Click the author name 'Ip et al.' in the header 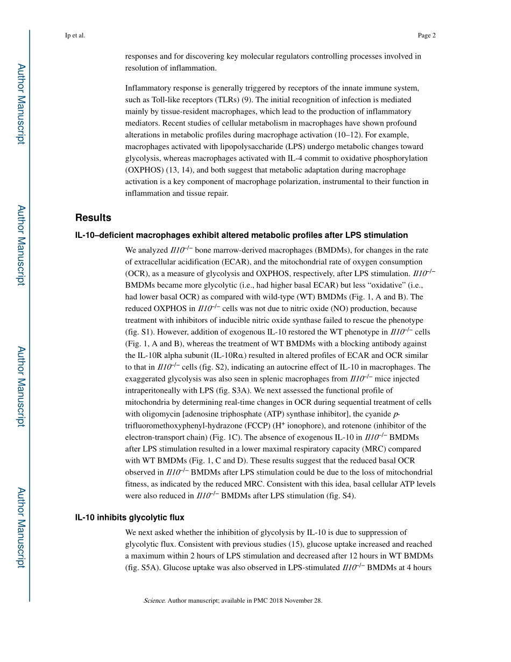coord(75,36)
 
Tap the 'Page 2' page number coord(426,36)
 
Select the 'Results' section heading coord(93,218)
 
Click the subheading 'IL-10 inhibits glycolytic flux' coord(130,517)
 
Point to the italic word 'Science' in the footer coord(154,601)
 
